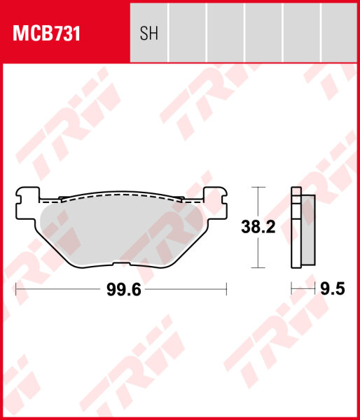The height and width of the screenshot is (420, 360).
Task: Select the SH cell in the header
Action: [149, 33]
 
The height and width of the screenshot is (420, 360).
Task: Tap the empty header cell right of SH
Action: [188, 33]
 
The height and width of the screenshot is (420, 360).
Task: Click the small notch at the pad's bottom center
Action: [121, 265]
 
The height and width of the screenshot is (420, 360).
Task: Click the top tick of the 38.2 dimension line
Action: [259, 188]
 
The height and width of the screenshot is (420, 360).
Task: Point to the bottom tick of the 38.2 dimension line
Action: [259, 268]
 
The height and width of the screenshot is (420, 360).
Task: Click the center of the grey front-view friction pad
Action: [121, 227]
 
